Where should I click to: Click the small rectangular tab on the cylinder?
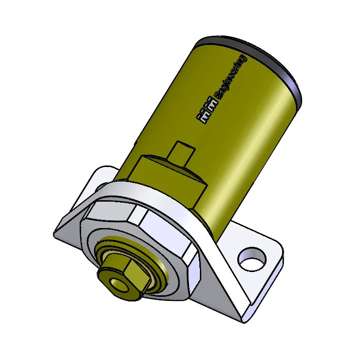184,151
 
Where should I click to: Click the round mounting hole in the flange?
253,258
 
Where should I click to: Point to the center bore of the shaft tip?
115,284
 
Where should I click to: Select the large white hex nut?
155,233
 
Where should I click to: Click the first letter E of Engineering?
216,97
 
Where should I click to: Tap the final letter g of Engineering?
243,57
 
